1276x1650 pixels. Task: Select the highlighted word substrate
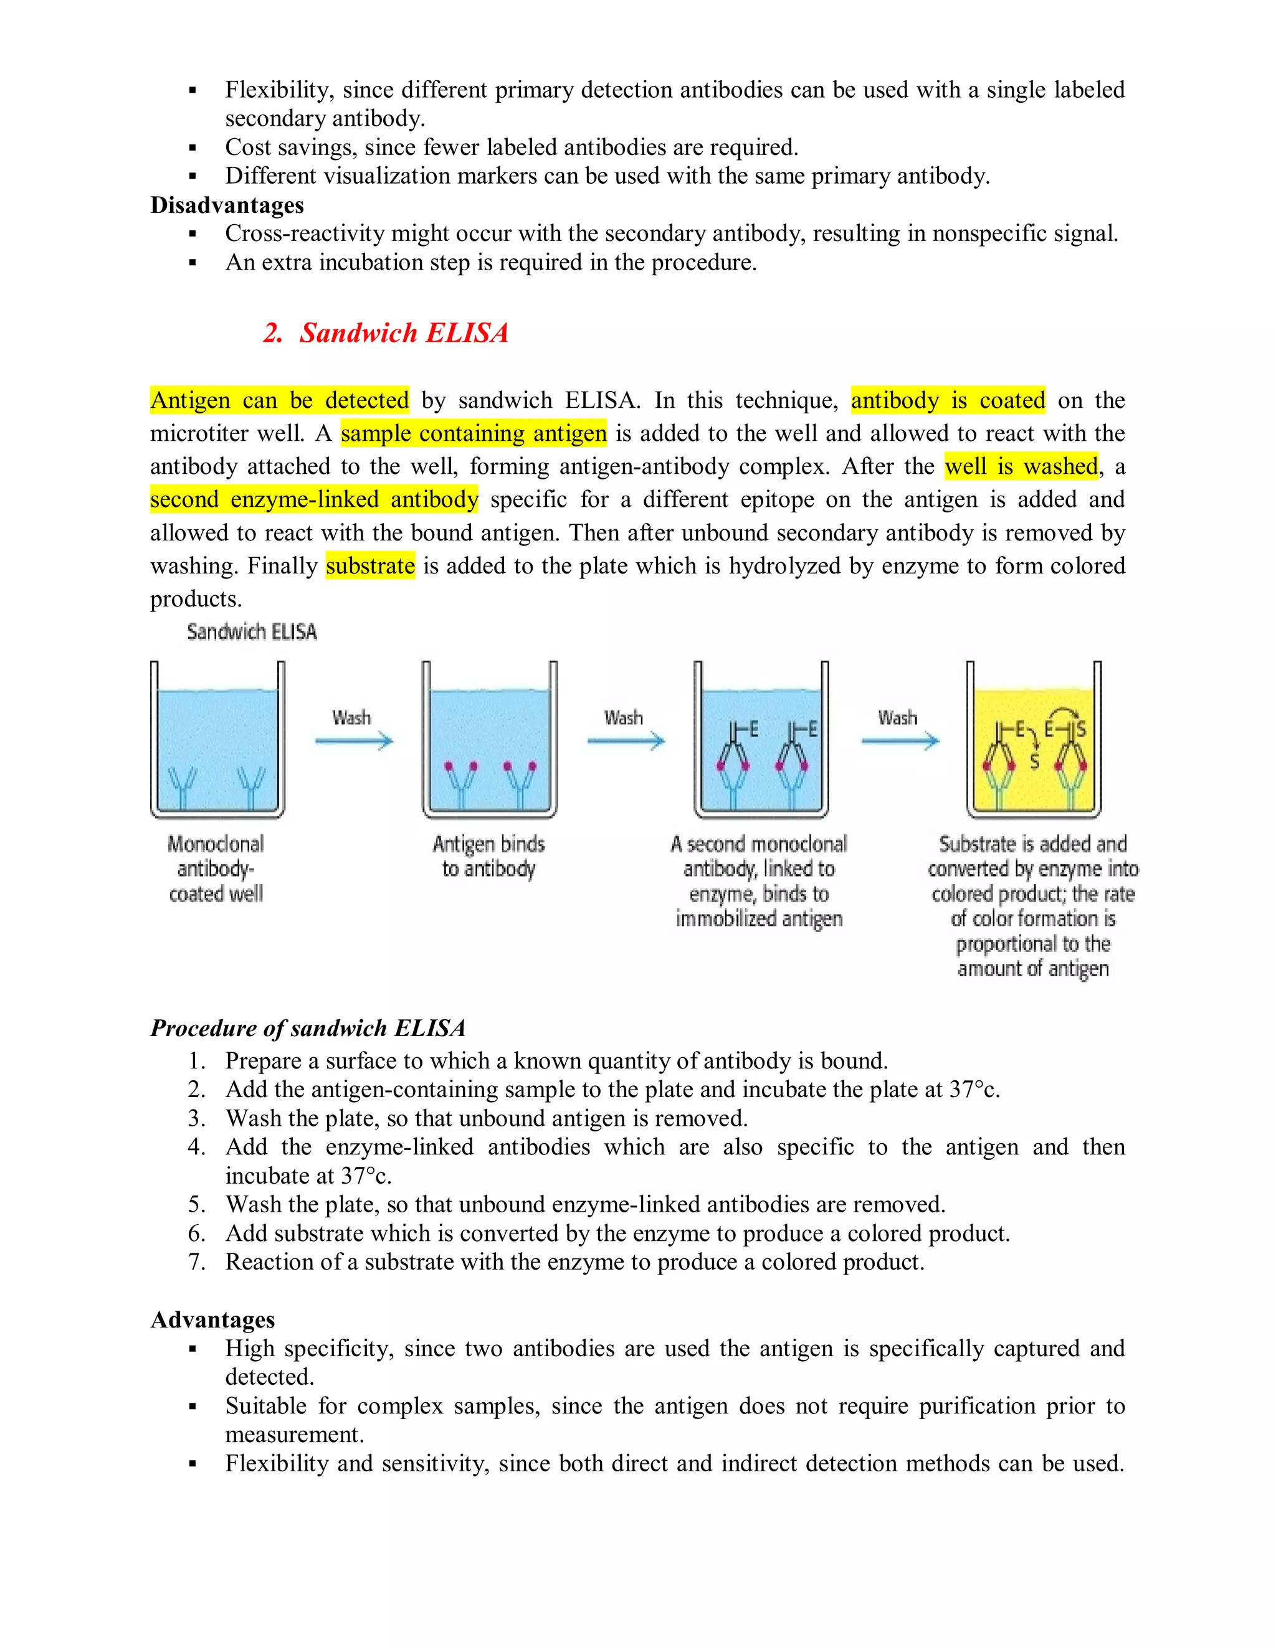tap(371, 566)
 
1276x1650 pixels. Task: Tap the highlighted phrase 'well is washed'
tap(1021, 466)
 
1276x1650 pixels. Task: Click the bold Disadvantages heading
tap(227, 205)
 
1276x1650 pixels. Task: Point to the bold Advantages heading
tap(212, 1320)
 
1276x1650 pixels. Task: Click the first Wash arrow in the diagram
tap(354, 740)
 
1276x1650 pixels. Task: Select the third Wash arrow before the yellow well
tap(900, 740)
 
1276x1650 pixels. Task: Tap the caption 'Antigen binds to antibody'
tap(489, 856)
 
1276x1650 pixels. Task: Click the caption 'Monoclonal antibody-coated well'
tap(216, 869)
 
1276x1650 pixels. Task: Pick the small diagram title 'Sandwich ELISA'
tap(252, 631)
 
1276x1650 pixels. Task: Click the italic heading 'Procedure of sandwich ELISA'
tap(308, 1028)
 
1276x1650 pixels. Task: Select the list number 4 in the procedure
tap(196, 1147)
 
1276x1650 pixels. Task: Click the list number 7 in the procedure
tap(196, 1261)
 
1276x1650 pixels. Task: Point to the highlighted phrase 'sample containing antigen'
tap(474, 433)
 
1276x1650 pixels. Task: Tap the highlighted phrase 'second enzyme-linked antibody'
tap(314, 499)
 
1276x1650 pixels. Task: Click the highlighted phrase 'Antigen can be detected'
tap(279, 400)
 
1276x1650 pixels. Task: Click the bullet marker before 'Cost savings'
tap(193, 148)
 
